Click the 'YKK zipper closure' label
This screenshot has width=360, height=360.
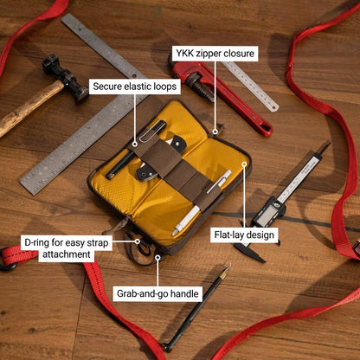tap(215, 54)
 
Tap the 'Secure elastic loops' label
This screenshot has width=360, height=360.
tap(135, 87)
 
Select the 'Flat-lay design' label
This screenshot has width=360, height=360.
tap(244, 235)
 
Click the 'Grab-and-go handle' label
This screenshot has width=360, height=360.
tap(157, 293)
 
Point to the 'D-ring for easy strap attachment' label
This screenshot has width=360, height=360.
tap(67, 248)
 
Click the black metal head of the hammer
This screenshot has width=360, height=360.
tap(66, 78)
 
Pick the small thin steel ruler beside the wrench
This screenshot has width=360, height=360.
tap(250, 86)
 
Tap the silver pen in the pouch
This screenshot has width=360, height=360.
tap(202, 202)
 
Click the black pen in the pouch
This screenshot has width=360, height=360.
tap(135, 150)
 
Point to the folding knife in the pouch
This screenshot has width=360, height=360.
tap(161, 158)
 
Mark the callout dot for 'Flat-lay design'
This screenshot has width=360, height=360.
tap(244, 164)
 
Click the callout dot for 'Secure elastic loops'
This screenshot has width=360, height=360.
tap(135, 144)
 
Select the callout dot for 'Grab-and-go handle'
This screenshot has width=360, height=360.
tap(157, 257)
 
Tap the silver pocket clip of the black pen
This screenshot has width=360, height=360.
tap(149, 132)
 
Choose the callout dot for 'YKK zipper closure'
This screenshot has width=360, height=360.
tap(215, 132)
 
